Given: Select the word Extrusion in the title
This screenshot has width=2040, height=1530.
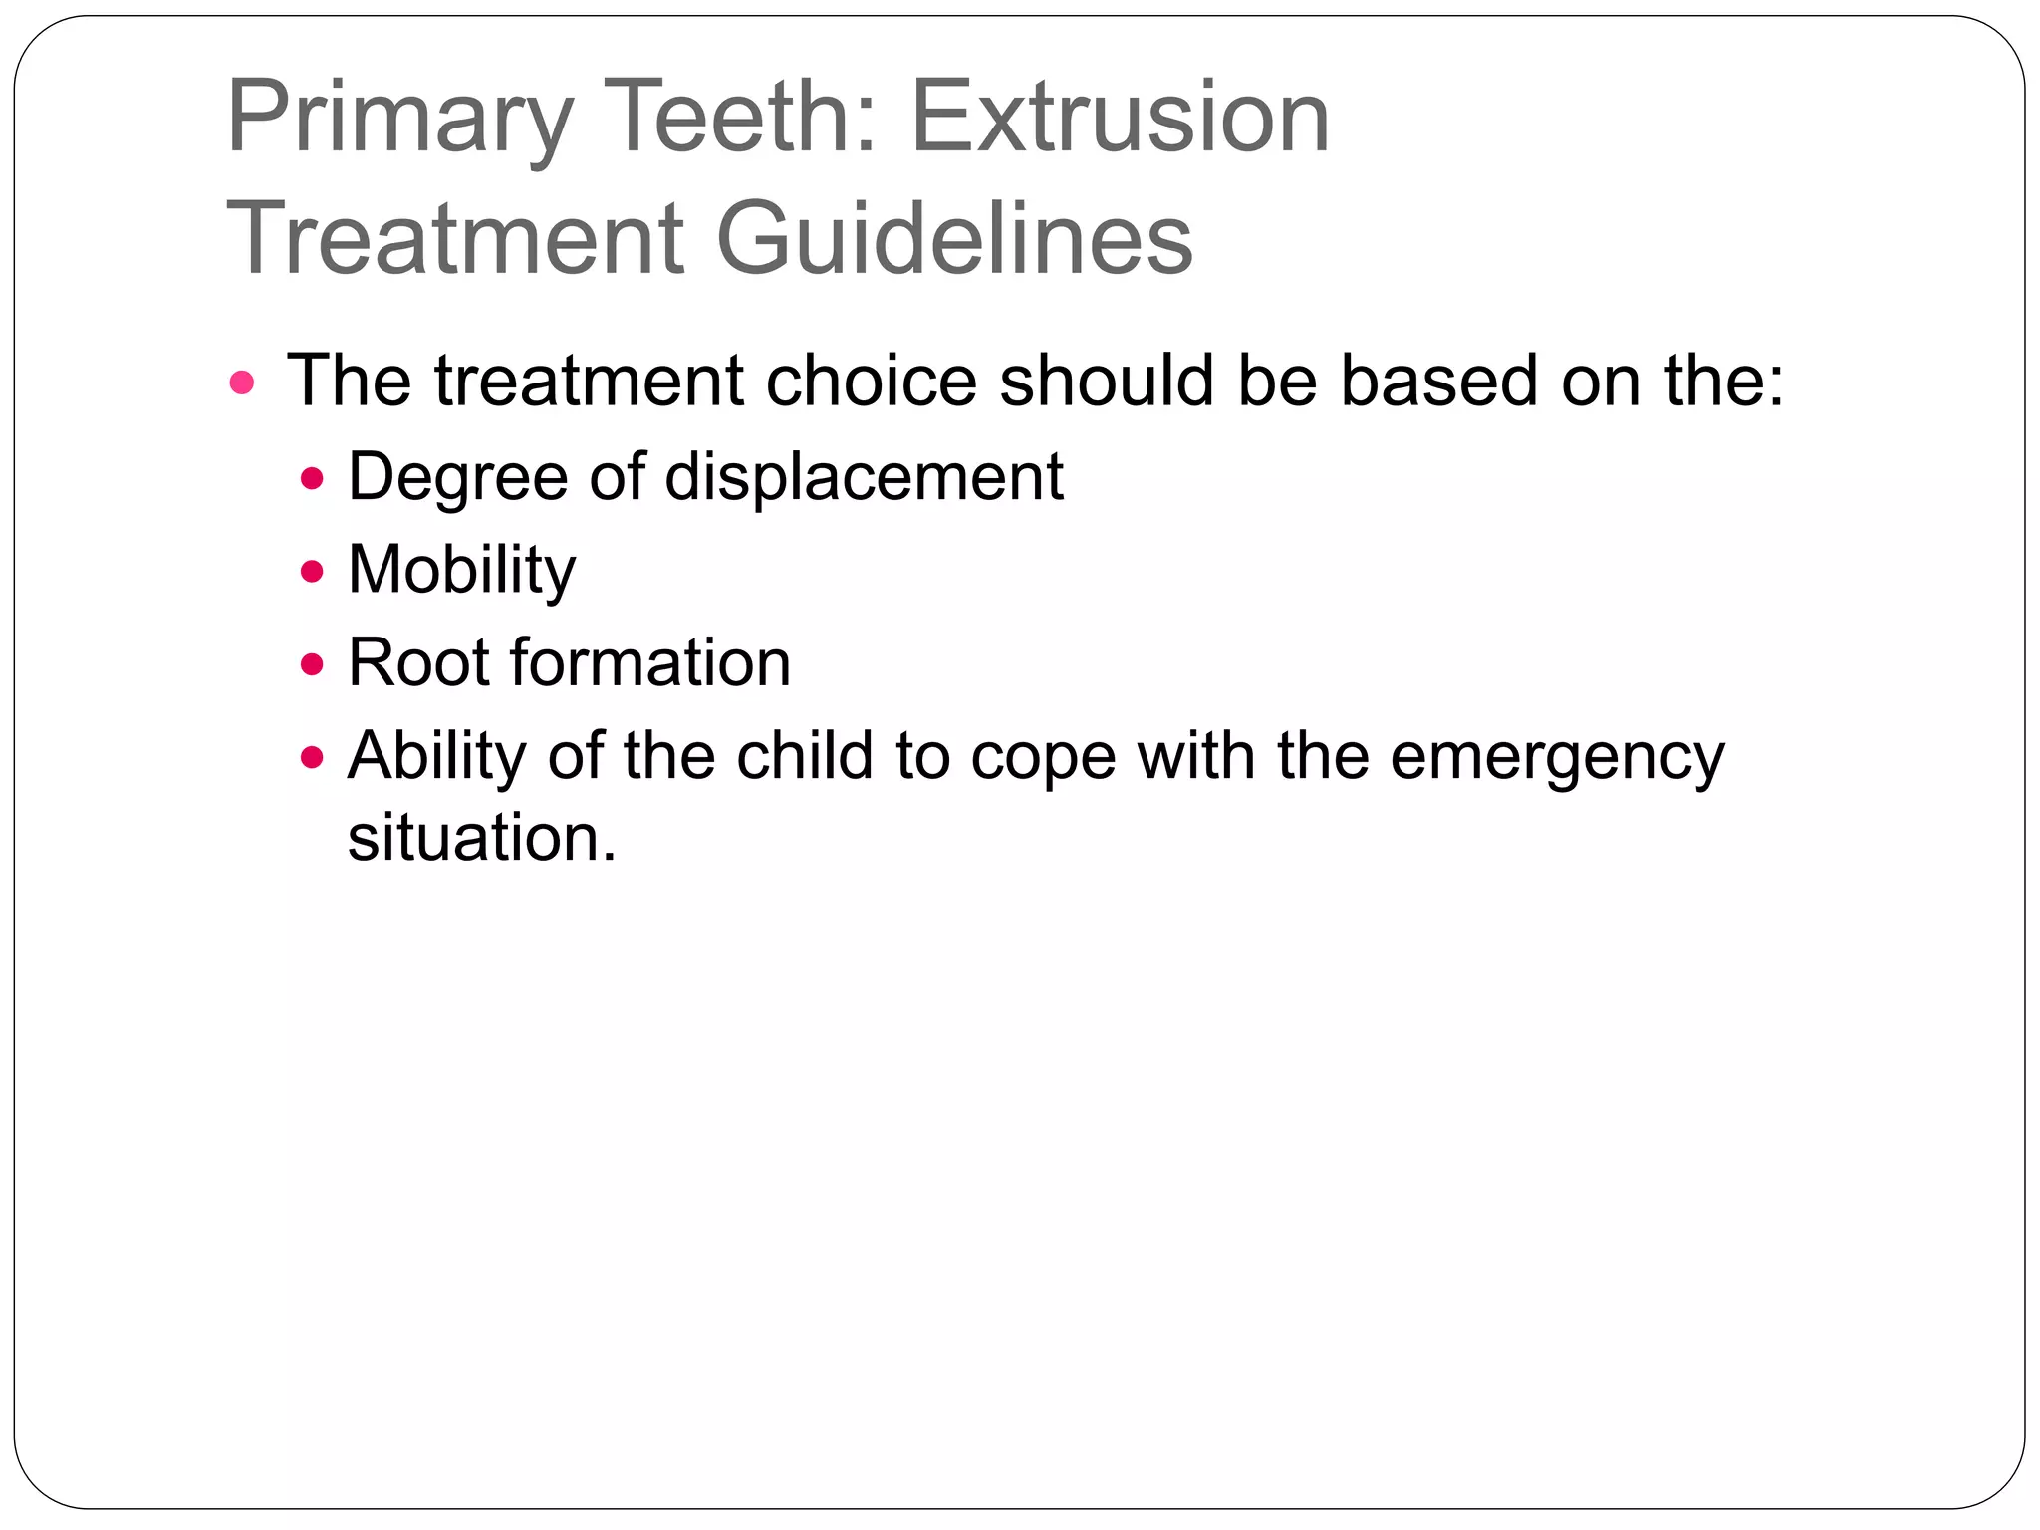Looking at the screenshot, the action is (1120, 118).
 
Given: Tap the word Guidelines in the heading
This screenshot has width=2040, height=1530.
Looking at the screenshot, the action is (953, 239).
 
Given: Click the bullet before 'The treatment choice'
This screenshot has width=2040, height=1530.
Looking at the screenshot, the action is (242, 382).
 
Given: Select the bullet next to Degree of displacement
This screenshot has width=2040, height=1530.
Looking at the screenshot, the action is (313, 479).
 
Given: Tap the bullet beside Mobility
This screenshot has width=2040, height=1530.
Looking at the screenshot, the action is (313, 572).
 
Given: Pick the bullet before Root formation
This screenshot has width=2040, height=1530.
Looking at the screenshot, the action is (313, 664).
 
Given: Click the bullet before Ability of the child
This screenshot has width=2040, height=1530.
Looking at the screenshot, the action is (313, 758).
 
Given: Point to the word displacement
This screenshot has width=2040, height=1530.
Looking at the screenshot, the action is (864, 476).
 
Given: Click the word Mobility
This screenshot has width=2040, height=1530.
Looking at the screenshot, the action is (461, 570).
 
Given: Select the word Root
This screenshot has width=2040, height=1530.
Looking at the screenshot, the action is (417, 662).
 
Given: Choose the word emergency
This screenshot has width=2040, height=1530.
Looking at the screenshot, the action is (1557, 757).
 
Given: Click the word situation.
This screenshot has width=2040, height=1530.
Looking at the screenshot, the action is (481, 837).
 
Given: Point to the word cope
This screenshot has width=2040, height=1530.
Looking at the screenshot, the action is (1043, 757).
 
